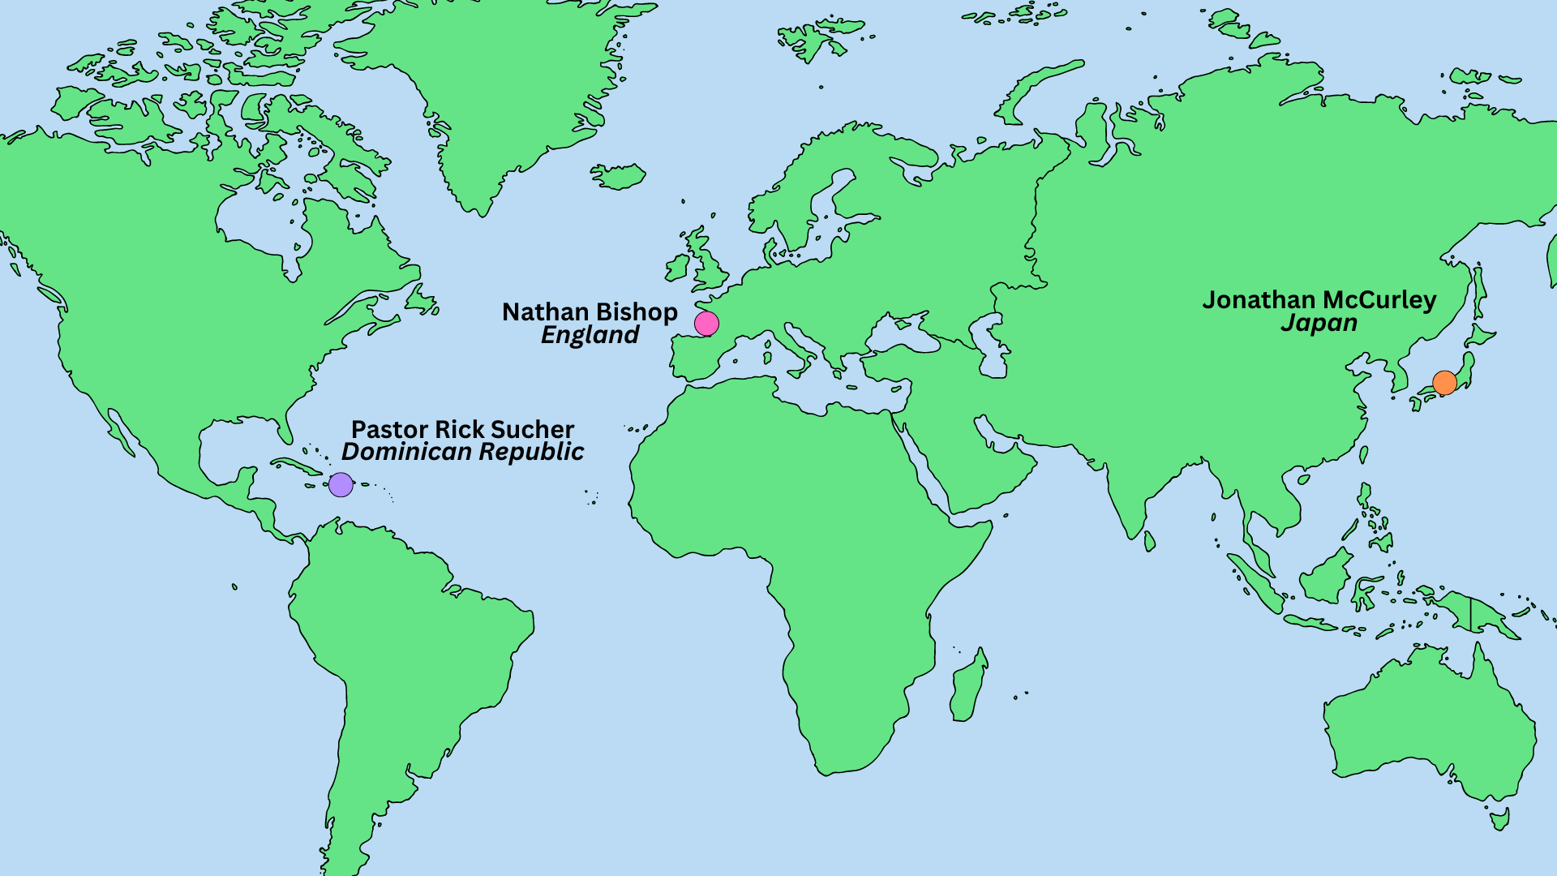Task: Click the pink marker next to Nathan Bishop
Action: [706, 324]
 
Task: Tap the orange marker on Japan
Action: [1444, 382]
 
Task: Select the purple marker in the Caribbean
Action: [341, 485]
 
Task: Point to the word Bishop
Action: [637, 312]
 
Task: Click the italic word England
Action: [590, 336]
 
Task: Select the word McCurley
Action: [1379, 300]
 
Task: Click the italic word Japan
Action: [1319, 324]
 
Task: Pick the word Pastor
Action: [390, 429]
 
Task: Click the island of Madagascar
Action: [969, 685]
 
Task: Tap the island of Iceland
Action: [618, 176]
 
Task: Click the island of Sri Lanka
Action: [1150, 541]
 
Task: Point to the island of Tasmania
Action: [1500, 818]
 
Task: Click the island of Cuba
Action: [297, 466]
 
